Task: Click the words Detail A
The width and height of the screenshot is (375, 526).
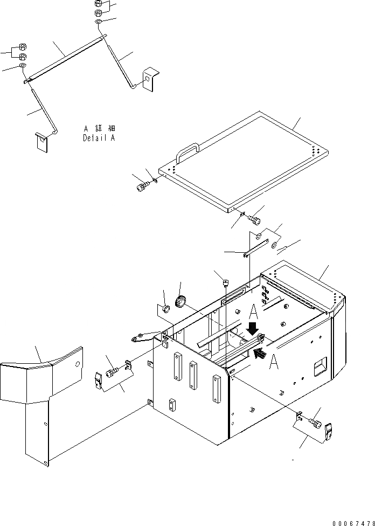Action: coord(99,137)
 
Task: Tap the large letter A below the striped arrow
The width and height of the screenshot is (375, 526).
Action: coord(273,363)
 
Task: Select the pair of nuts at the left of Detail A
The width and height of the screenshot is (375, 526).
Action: coord(22,53)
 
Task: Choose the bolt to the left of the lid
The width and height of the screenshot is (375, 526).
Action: coord(141,186)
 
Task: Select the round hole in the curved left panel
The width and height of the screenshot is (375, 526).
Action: coord(79,364)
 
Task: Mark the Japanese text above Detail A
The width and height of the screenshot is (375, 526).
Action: coord(100,129)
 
